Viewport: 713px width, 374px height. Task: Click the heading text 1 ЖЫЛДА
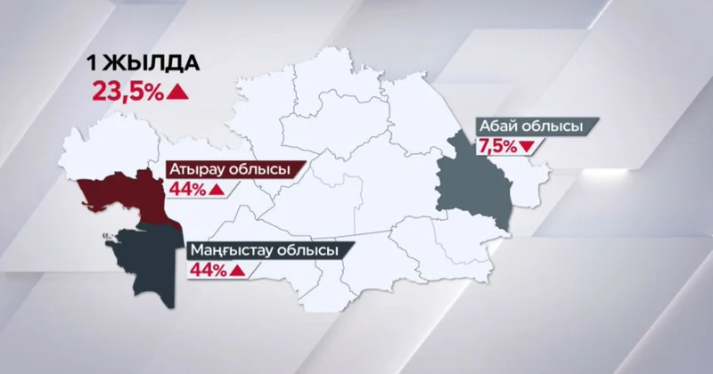[142, 64]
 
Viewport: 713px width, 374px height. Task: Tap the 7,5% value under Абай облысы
[497, 147]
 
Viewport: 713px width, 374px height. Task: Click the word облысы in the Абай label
[556, 127]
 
